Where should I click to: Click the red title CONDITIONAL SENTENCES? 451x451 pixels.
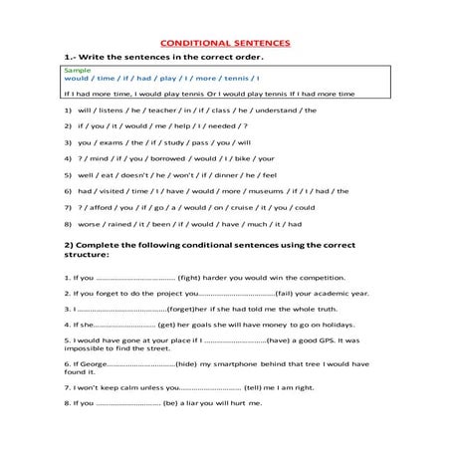[225, 44]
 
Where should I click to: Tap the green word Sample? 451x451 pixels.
[75, 71]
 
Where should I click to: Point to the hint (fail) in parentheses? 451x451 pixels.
[286, 293]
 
